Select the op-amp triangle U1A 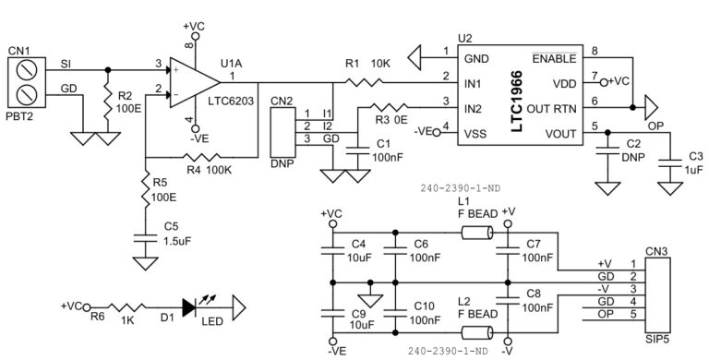192,80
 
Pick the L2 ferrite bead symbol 478,333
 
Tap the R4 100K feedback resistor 200,156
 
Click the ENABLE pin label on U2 559,56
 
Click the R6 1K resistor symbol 124,306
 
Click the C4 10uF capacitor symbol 330,248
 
